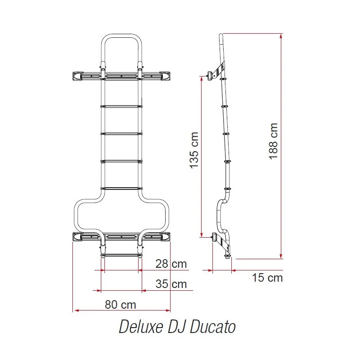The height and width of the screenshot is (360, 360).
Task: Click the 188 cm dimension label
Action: pos(273,140)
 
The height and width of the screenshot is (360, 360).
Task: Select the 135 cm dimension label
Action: pos(193,150)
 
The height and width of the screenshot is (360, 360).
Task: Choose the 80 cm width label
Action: pos(120,304)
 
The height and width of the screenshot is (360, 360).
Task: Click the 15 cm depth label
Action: pos(267,278)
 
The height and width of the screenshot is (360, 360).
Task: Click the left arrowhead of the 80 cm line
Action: pos(75,310)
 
